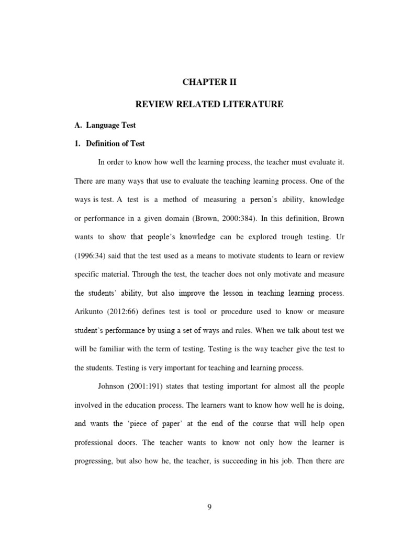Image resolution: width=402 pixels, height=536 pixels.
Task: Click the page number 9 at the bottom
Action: tap(209, 507)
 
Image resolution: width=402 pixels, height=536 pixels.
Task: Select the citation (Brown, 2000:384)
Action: tap(221, 218)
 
